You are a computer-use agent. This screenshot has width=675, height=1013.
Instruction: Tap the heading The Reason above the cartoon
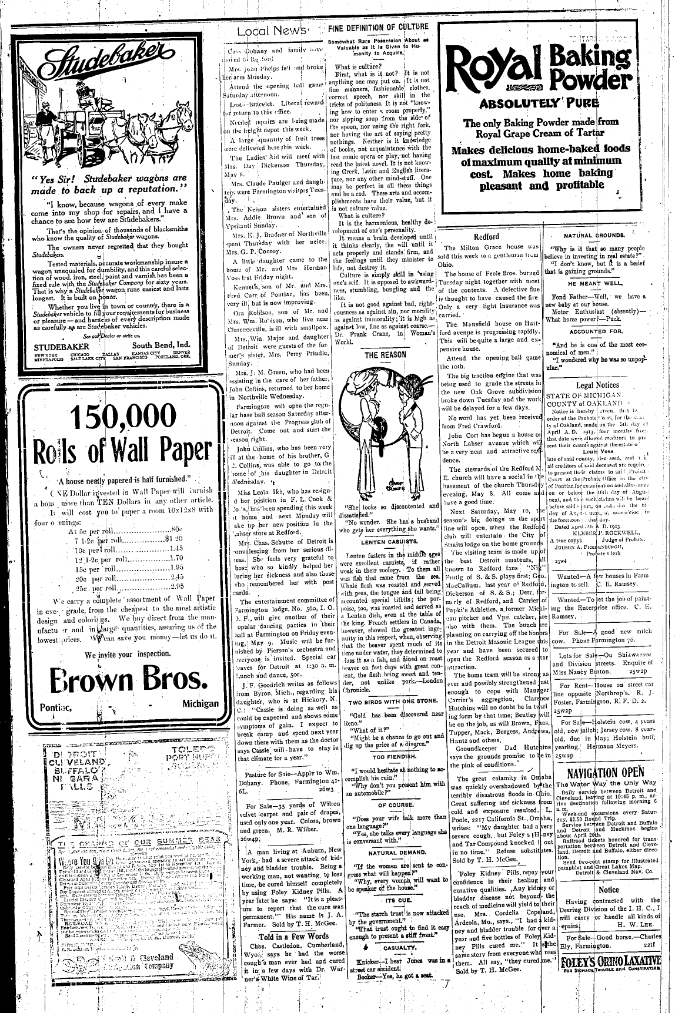coord(385,355)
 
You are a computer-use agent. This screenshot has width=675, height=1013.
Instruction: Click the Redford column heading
coord(486,236)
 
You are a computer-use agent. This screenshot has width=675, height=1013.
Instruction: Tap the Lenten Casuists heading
coord(386,542)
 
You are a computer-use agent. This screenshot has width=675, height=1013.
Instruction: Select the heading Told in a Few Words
coord(286,936)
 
